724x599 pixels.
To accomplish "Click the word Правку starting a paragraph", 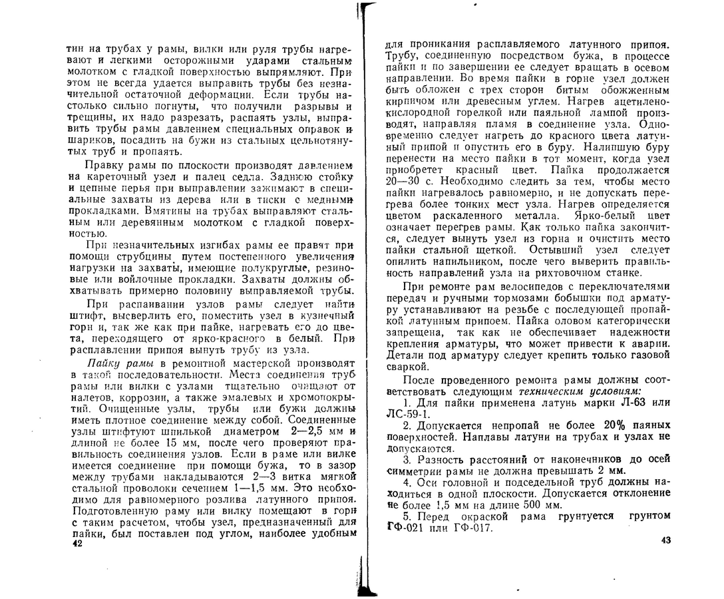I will click(x=102, y=165).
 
